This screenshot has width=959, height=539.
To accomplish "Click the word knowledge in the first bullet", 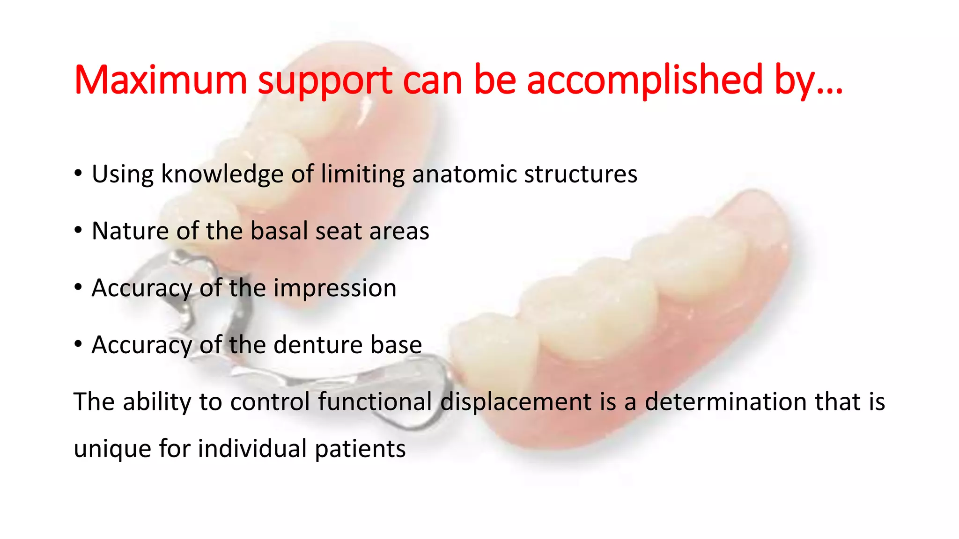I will [222, 174].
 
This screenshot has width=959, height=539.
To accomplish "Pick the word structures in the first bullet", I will [580, 174].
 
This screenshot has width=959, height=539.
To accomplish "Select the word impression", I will [335, 288].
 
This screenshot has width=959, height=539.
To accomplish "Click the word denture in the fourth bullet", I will [317, 345].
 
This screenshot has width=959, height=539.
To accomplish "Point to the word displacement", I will [516, 402].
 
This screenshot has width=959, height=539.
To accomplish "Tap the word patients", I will [360, 449].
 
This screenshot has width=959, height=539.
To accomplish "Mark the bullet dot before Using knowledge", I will [78, 174].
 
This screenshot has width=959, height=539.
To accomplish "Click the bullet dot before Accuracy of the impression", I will [78, 287].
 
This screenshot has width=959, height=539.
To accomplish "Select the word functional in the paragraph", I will [375, 402].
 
